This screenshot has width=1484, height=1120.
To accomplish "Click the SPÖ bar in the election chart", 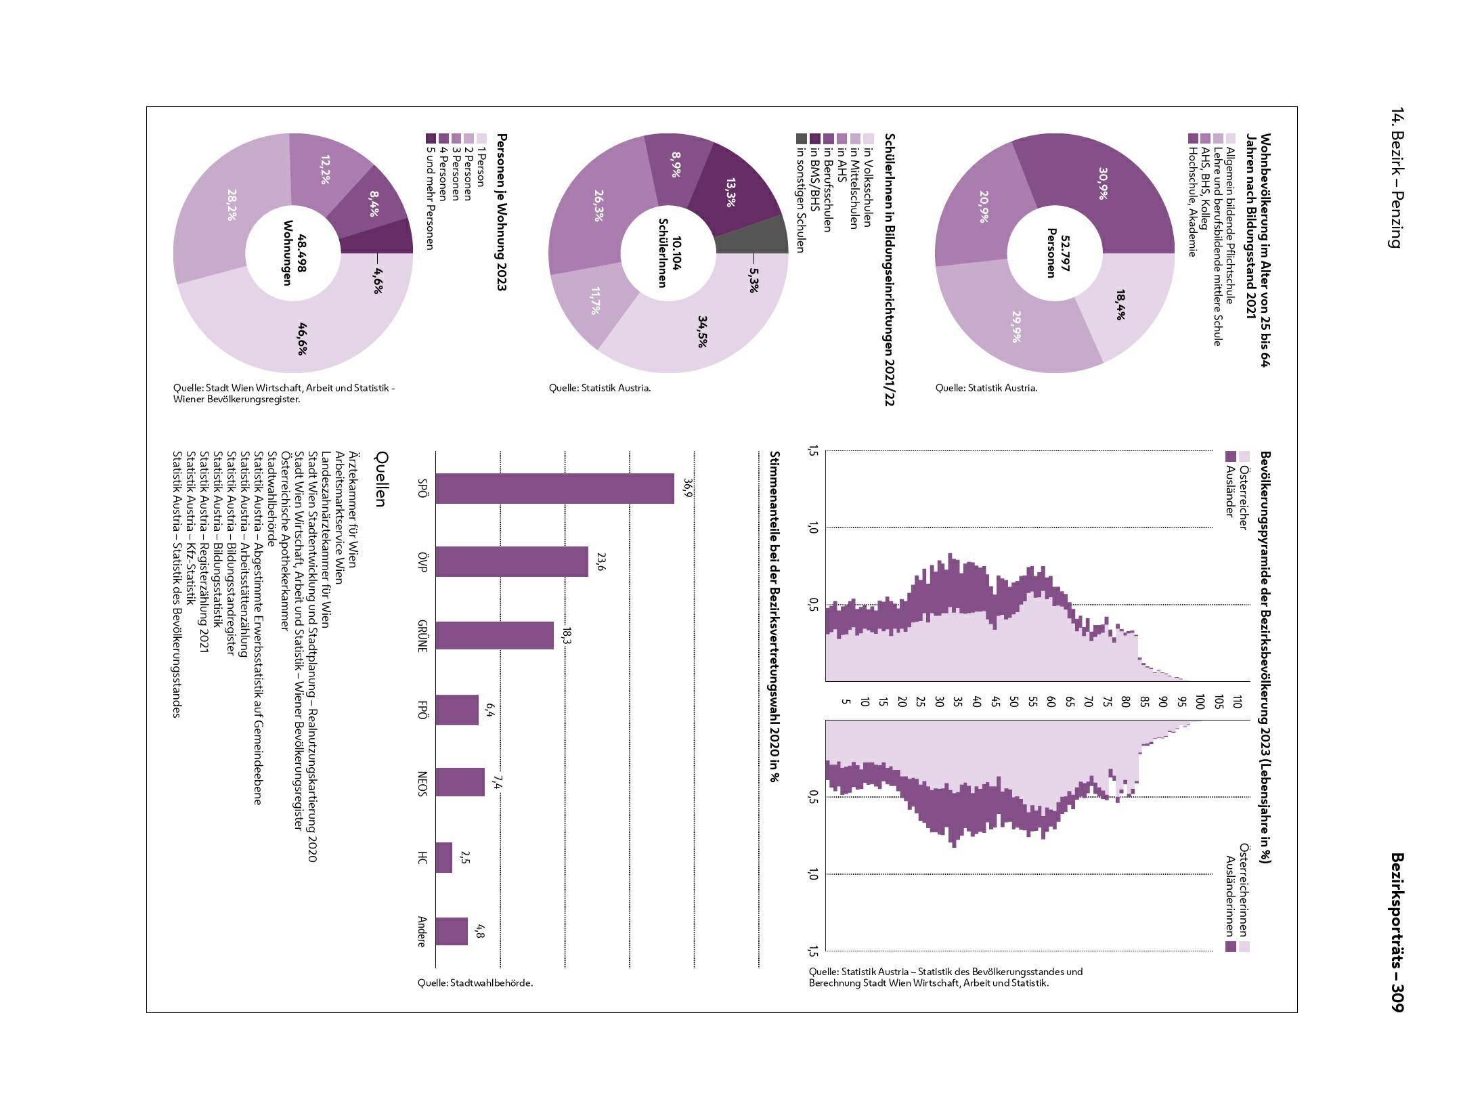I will pyautogui.click(x=554, y=488).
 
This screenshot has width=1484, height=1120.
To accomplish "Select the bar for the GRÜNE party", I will pyautogui.click(x=494, y=635).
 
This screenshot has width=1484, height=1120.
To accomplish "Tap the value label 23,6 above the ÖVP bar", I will pyautogui.click(x=600, y=561).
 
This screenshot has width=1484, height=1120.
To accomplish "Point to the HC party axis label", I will pyautogui.click(x=422, y=858).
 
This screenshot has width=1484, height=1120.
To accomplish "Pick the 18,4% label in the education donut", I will pyautogui.click(x=1120, y=305).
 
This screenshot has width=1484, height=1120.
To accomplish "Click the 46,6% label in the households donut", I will pyautogui.click(x=302, y=339).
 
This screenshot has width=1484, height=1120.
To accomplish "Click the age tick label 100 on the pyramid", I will pyautogui.click(x=1199, y=702).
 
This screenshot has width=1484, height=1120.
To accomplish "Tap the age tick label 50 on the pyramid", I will pyautogui.click(x=1013, y=702).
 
